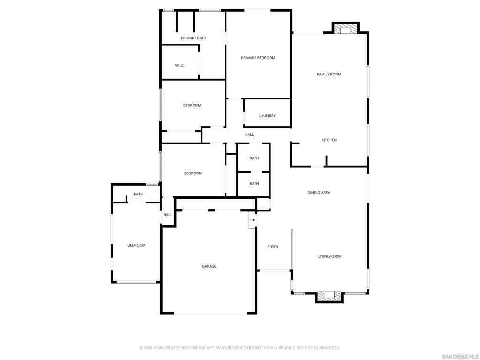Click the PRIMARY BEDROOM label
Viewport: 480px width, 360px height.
pos(258,58)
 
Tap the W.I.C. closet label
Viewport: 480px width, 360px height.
pos(180,65)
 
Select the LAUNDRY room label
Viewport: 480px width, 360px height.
pos(267,116)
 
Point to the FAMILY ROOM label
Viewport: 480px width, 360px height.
pos(329,74)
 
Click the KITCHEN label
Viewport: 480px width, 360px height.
pos(329,140)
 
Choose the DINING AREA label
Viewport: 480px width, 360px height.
pos(319,193)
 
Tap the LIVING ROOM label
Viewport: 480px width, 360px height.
pos(330,256)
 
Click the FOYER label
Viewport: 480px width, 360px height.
pos(273,247)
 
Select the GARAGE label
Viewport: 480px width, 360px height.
pos(209,266)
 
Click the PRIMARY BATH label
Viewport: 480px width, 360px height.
pos(194,38)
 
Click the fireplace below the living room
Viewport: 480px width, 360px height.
pos(330,296)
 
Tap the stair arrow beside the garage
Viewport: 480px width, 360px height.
pos(253,219)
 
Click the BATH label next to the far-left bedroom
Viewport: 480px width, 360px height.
pos(138,194)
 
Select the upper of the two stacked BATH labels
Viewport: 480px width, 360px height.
pos(254,158)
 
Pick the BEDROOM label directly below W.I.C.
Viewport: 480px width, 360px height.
pos(192,105)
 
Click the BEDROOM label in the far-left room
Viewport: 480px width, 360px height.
pos(136,245)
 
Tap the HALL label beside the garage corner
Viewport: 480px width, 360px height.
pos(168,215)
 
